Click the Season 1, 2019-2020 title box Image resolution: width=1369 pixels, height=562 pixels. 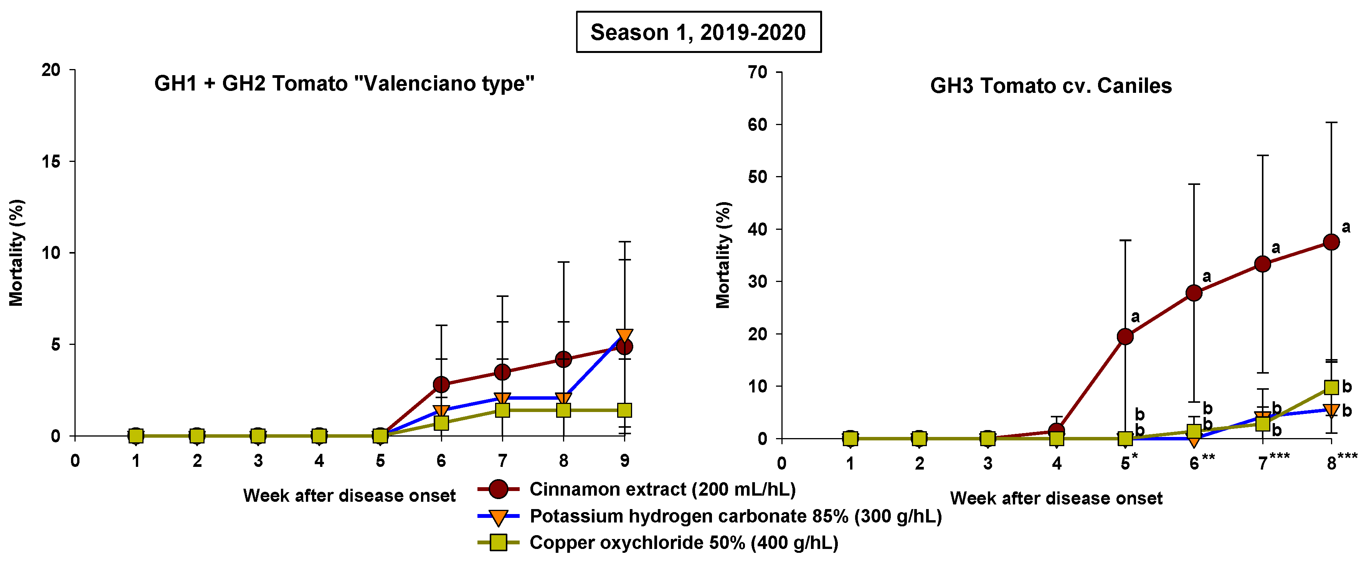699,32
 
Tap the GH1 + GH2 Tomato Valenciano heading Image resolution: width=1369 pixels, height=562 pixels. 344,83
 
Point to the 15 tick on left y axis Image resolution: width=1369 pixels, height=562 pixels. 51,162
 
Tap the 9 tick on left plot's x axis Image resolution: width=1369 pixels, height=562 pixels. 624,461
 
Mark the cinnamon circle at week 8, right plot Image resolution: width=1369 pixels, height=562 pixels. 1331,242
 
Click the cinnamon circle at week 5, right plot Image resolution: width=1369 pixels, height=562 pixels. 1125,336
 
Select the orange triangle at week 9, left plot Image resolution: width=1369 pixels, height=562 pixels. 624,336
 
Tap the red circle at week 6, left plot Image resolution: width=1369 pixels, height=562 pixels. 441,384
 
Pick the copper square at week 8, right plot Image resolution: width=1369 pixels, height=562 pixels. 1331,387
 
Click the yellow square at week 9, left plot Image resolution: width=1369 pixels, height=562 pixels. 624,410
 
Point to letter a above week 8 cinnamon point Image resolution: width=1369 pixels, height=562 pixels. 1346,227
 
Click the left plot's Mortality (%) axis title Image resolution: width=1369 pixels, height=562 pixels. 16,252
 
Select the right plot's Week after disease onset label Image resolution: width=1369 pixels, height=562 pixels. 1056,498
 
